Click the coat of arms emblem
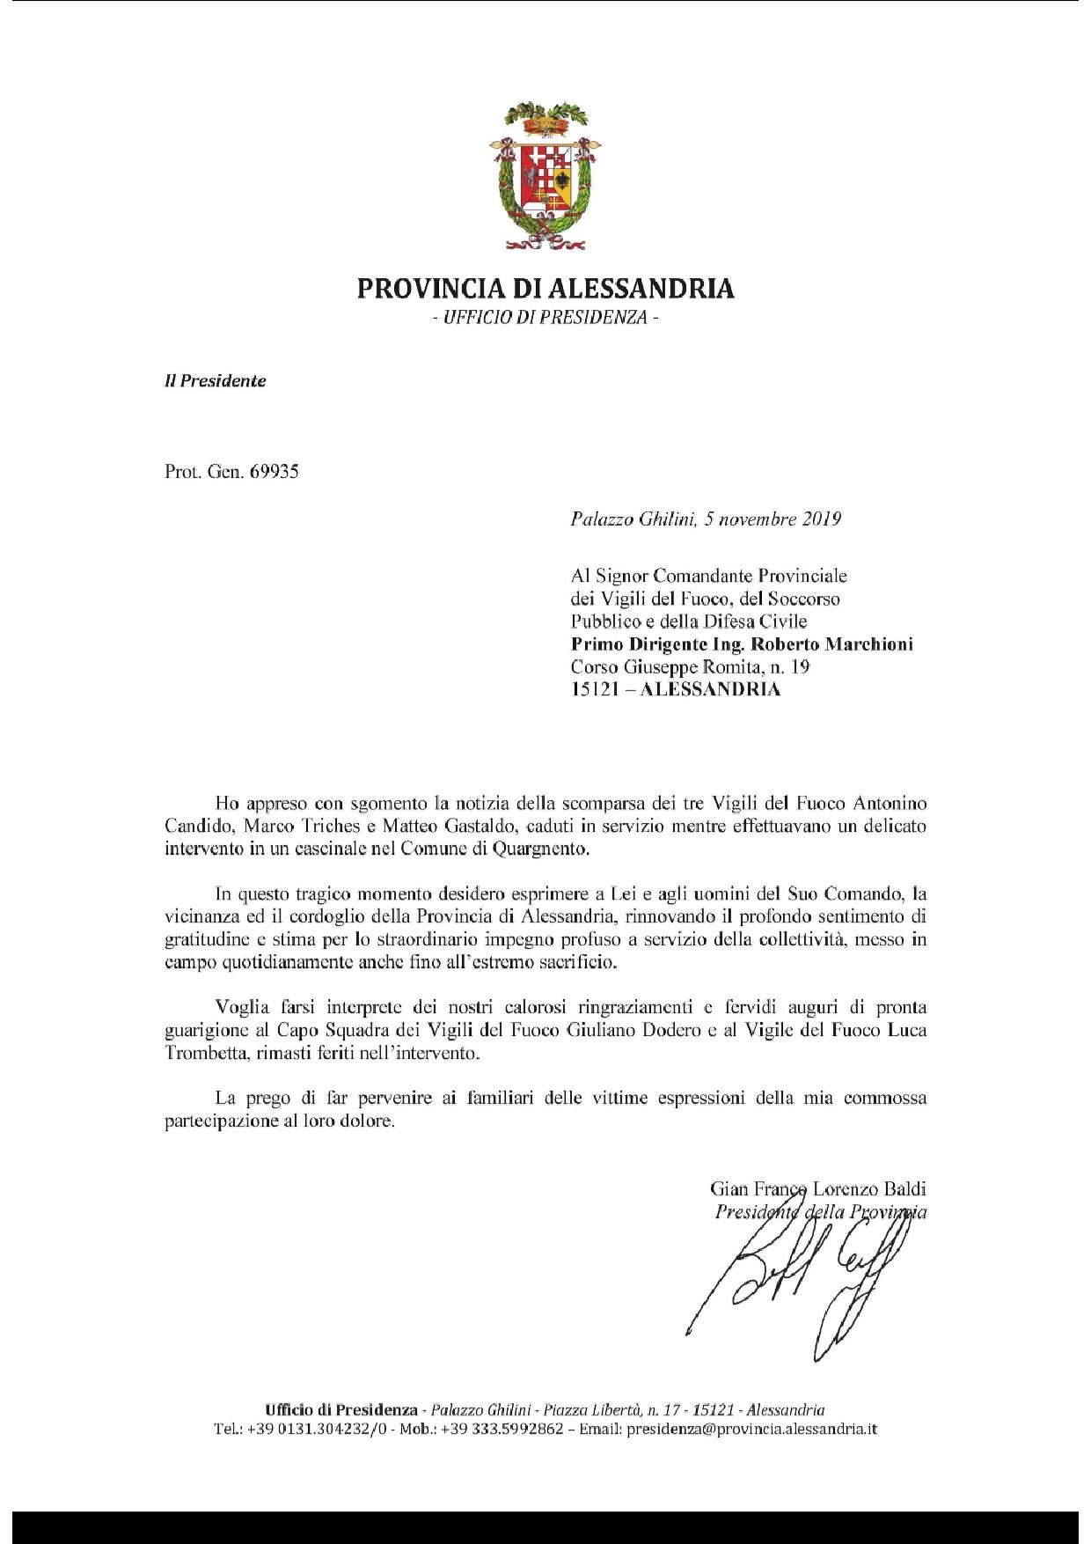click(545, 174)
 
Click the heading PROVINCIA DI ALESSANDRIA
click(545, 289)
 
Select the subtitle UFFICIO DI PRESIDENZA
click(545, 317)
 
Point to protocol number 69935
click(274, 472)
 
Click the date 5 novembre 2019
click(773, 518)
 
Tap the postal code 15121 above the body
click(597, 689)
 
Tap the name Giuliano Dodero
click(626, 1029)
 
